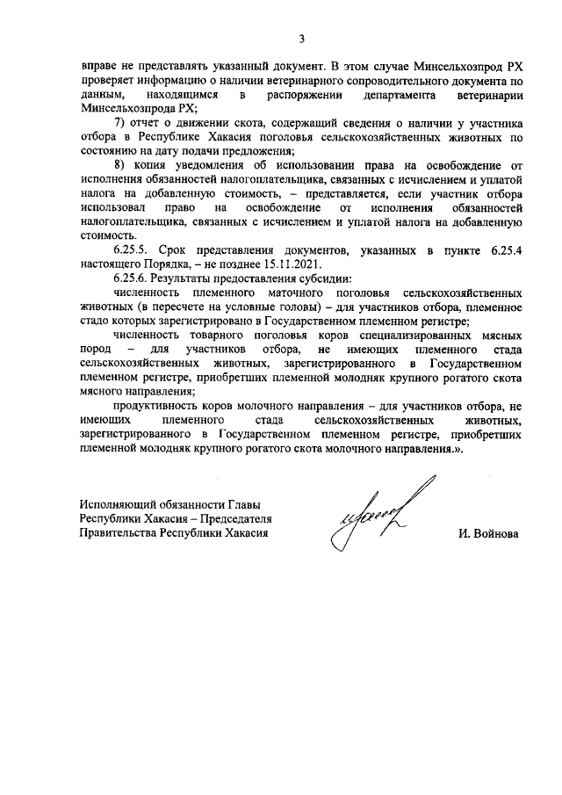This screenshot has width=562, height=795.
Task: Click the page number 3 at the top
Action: [x=301, y=38]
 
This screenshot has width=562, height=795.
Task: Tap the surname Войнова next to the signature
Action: [x=494, y=533]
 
